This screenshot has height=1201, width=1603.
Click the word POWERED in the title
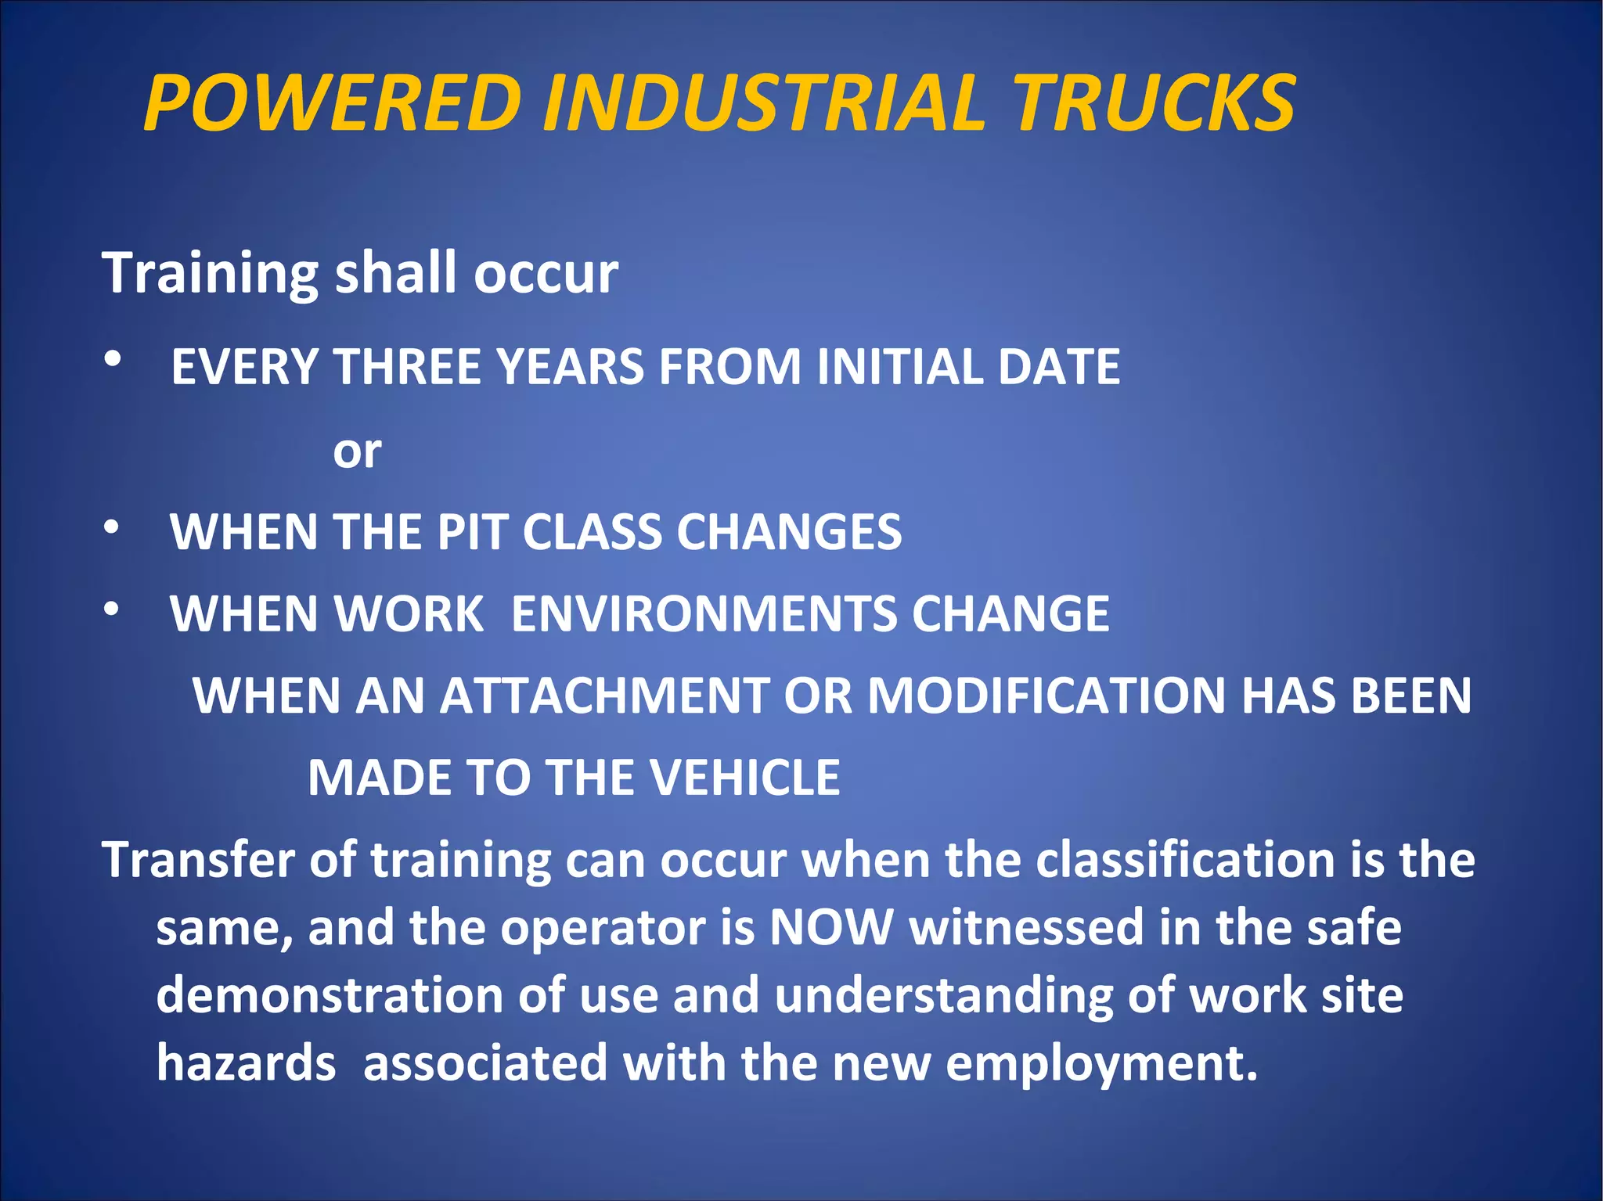tap(333, 102)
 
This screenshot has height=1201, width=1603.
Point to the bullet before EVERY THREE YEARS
tap(113, 359)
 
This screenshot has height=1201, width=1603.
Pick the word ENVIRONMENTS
tap(704, 613)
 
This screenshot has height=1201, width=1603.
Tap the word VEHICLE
tap(744, 778)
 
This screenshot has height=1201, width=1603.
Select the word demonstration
tap(330, 995)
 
